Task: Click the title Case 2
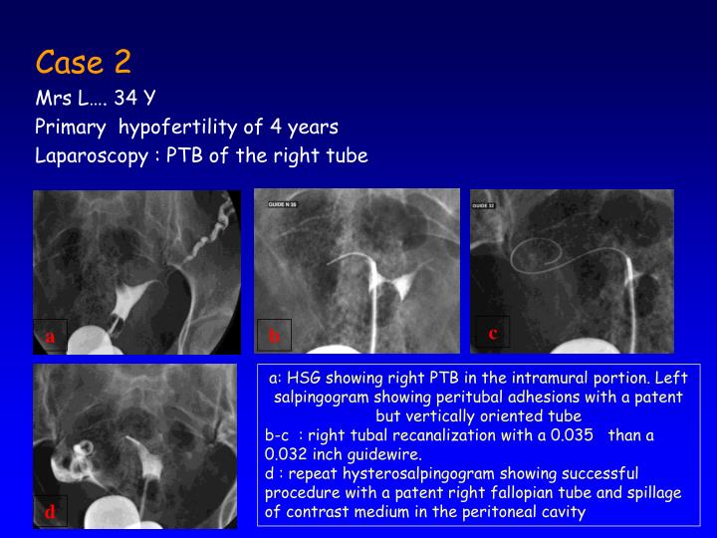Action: coord(84,63)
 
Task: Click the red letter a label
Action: coord(50,336)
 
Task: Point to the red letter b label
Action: coord(275,336)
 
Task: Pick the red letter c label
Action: coord(493,333)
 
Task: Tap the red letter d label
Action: coord(50,512)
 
